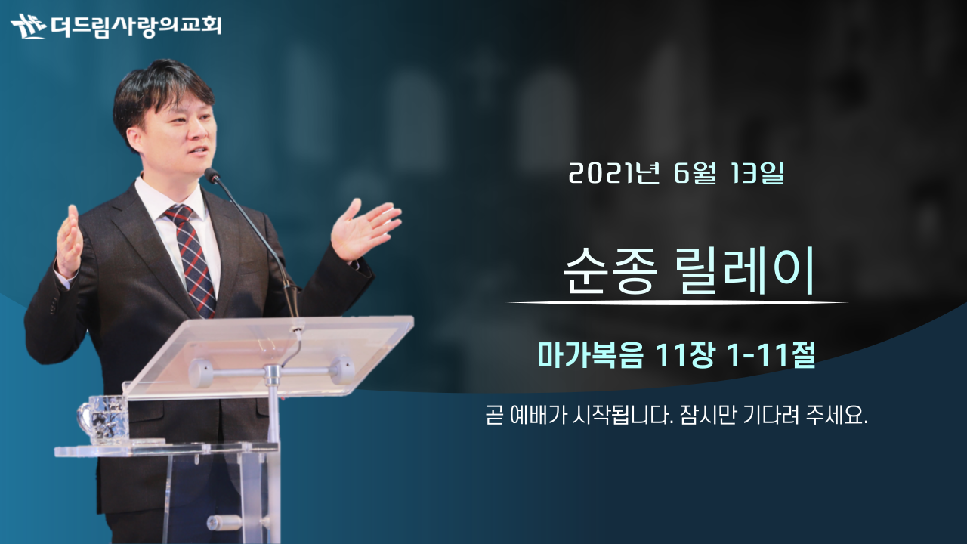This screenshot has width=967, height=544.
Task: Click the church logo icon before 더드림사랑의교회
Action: (28, 26)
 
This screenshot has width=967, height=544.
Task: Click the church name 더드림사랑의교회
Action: (136, 26)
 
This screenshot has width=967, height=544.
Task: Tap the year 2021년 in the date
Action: (614, 174)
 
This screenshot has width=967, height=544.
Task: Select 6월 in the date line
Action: (695, 174)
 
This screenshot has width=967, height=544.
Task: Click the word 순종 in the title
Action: (610, 271)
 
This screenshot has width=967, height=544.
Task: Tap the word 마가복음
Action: (591, 355)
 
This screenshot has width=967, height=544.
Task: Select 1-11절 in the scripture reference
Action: (771, 355)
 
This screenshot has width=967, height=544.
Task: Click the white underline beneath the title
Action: (677, 303)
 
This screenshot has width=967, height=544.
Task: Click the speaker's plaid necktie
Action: (192, 260)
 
